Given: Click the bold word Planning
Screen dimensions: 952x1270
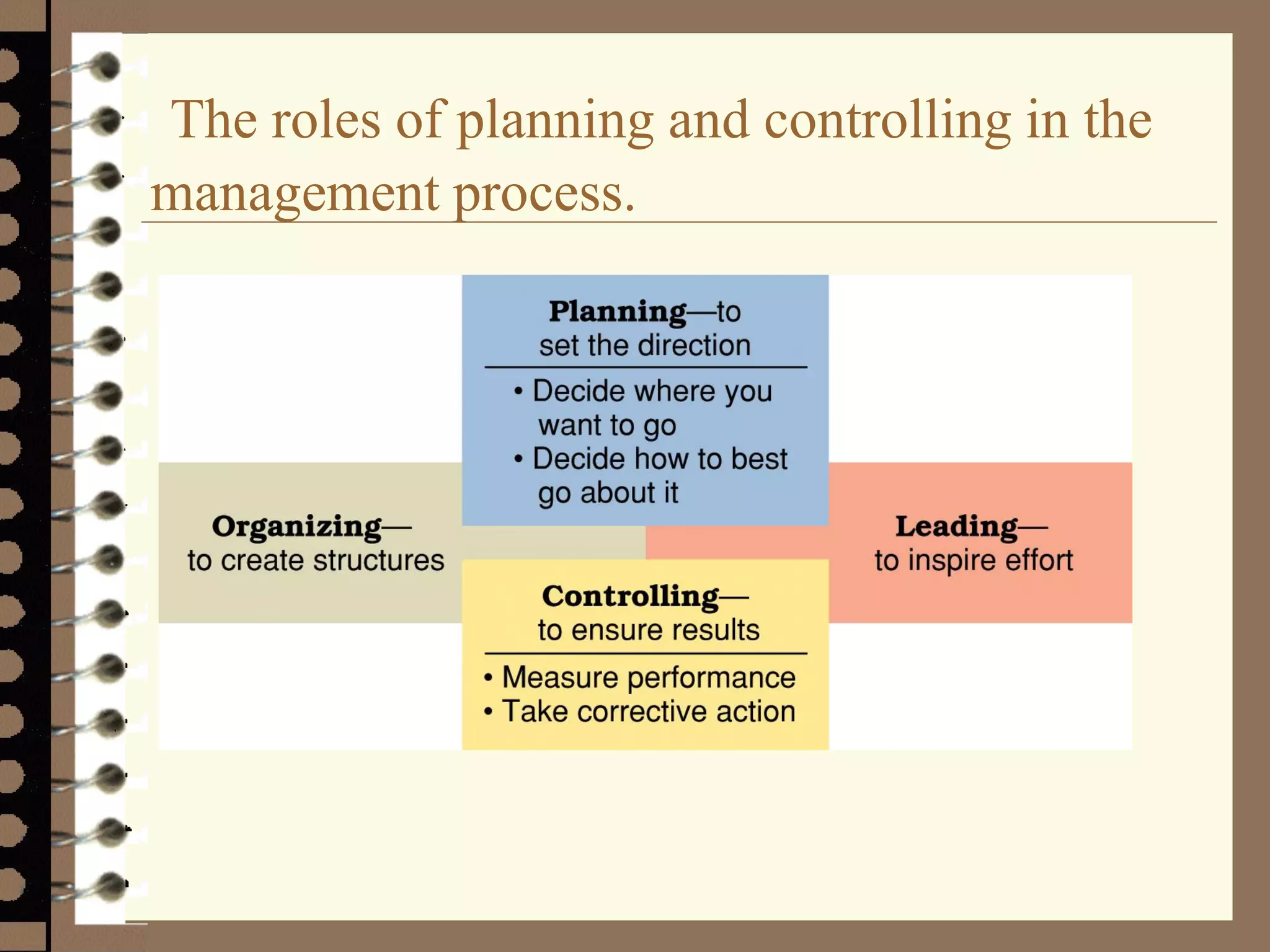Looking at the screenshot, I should pyautogui.click(x=618, y=312).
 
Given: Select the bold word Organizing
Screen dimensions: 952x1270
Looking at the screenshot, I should pyautogui.click(x=297, y=527).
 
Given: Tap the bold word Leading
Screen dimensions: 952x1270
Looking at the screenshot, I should pyautogui.click(x=956, y=527).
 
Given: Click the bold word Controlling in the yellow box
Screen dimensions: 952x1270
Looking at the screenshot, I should pyautogui.click(x=630, y=596).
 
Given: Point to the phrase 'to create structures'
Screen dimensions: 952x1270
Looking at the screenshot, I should pyautogui.click(x=316, y=560).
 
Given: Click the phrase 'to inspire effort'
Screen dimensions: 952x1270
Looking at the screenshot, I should pyautogui.click(x=974, y=560).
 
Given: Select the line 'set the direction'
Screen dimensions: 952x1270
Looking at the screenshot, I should pyautogui.click(x=644, y=345).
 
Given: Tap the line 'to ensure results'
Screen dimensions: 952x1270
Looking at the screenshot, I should pyautogui.click(x=648, y=630).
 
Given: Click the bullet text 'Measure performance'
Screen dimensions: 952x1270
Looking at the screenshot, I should pyautogui.click(x=648, y=677).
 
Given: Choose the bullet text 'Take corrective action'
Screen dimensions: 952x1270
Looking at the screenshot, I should pyautogui.click(x=648, y=711).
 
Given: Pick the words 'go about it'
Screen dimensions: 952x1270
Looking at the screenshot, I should pyautogui.click(x=608, y=493).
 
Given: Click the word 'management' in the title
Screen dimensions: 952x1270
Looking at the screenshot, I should pyautogui.click(x=295, y=193).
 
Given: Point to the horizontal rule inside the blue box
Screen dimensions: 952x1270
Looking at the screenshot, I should pyautogui.click(x=645, y=368).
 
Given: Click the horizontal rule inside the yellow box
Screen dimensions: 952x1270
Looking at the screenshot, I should pyautogui.click(x=645, y=653).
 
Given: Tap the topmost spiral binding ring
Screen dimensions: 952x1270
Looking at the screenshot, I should pyautogui.click(x=105, y=66).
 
